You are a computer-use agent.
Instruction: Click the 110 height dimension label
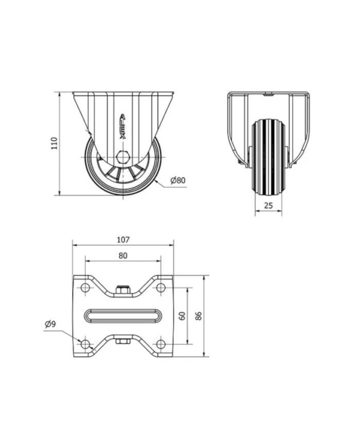(x=54, y=143)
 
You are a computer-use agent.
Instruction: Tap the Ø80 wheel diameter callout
(x=178, y=181)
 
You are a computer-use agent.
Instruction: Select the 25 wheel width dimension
(x=268, y=205)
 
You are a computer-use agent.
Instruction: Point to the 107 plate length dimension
(x=123, y=240)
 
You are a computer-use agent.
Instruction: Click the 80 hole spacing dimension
(x=123, y=256)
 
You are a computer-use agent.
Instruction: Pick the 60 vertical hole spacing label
(x=183, y=315)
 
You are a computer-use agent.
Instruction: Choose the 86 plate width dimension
(x=199, y=315)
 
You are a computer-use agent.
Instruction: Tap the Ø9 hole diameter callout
(x=50, y=324)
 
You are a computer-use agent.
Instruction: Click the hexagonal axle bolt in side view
(x=123, y=156)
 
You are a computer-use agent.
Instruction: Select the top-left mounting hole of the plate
(x=85, y=288)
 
